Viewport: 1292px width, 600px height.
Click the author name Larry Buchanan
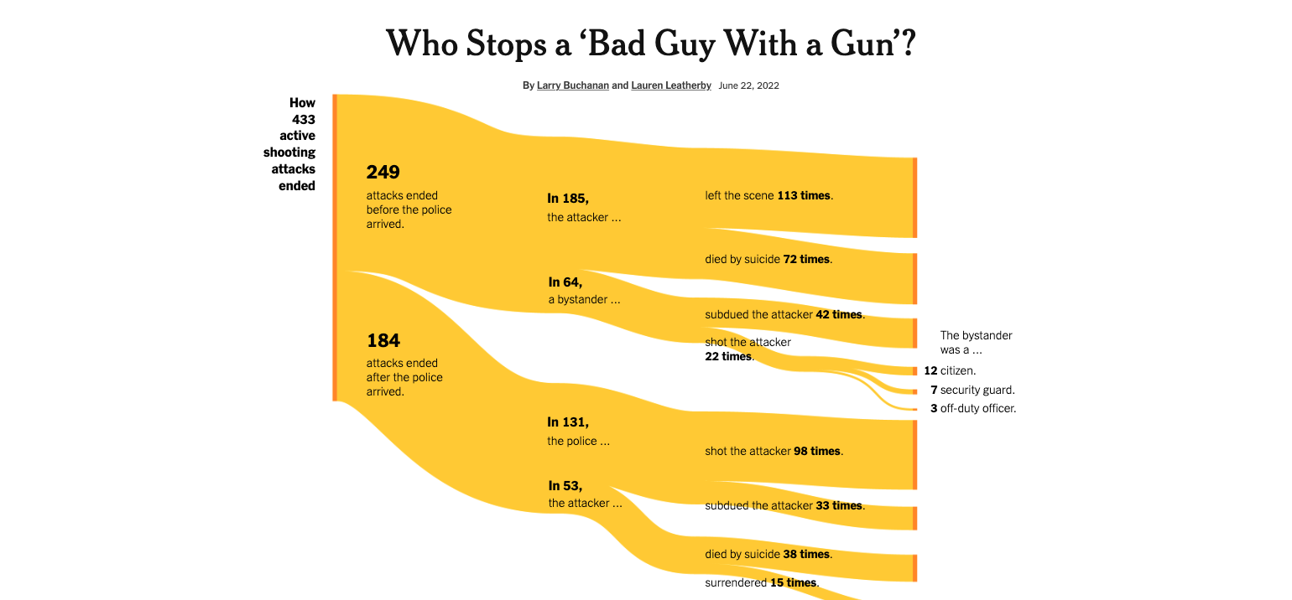(x=573, y=85)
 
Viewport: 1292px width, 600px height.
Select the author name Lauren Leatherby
(x=671, y=85)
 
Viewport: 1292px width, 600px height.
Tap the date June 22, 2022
(x=749, y=85)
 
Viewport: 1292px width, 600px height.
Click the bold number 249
(x=383, y=173)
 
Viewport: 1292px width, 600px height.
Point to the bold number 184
(x=383, y=341)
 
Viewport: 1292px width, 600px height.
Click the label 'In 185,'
(x=568, y=199)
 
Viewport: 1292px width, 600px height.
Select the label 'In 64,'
(x=565, y=282)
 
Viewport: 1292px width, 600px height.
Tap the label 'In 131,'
(x=568, y=422)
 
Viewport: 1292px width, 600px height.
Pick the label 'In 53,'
(x=565, y=485)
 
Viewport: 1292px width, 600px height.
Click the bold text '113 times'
(x=804, y=195)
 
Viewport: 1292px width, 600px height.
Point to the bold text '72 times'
(x=806, y=259)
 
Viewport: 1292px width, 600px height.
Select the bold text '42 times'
(x=839, y=314)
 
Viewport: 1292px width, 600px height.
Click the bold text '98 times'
(x=817, y=451)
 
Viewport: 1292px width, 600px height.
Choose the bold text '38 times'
(x=806, y=554)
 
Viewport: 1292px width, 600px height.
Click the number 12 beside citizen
(x=930, y=370)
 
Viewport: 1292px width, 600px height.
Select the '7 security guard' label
(x=972, y=390)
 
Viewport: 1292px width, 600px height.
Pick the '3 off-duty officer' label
(x=973, y=409)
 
